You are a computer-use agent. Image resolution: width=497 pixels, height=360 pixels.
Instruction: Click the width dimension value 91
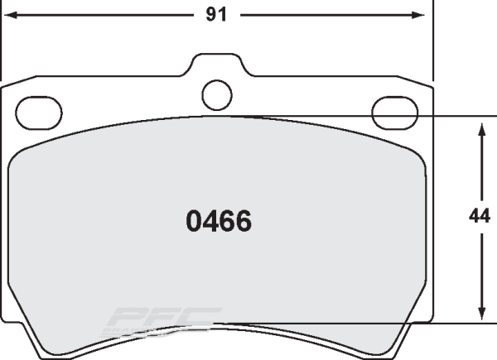(x=218, y=14)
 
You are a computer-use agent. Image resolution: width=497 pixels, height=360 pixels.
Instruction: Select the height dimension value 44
(x=479, y=216)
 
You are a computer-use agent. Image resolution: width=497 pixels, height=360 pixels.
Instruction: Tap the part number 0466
(x=219, y=221)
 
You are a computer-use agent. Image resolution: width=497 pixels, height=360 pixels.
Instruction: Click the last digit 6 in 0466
(x=243, y=221)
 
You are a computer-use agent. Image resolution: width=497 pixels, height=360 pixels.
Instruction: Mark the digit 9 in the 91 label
(x=212, y=14)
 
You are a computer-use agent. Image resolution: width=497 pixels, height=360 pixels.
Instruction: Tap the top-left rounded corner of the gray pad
(x=18, y=157)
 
